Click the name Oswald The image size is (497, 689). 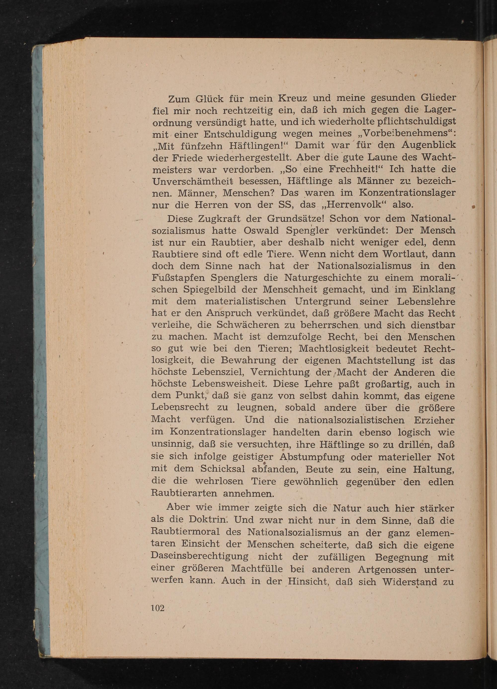click(261, 231)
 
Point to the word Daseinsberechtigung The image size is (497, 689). click(200, 557)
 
